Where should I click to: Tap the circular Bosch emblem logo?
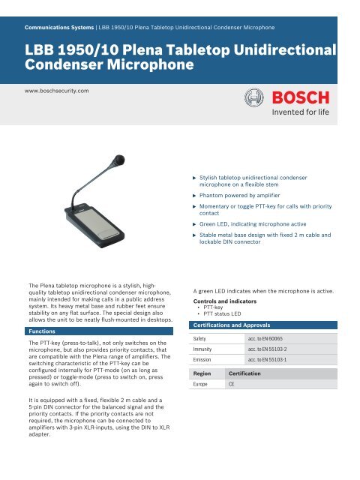(251, 100)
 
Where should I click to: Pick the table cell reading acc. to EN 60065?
(274, 340)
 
